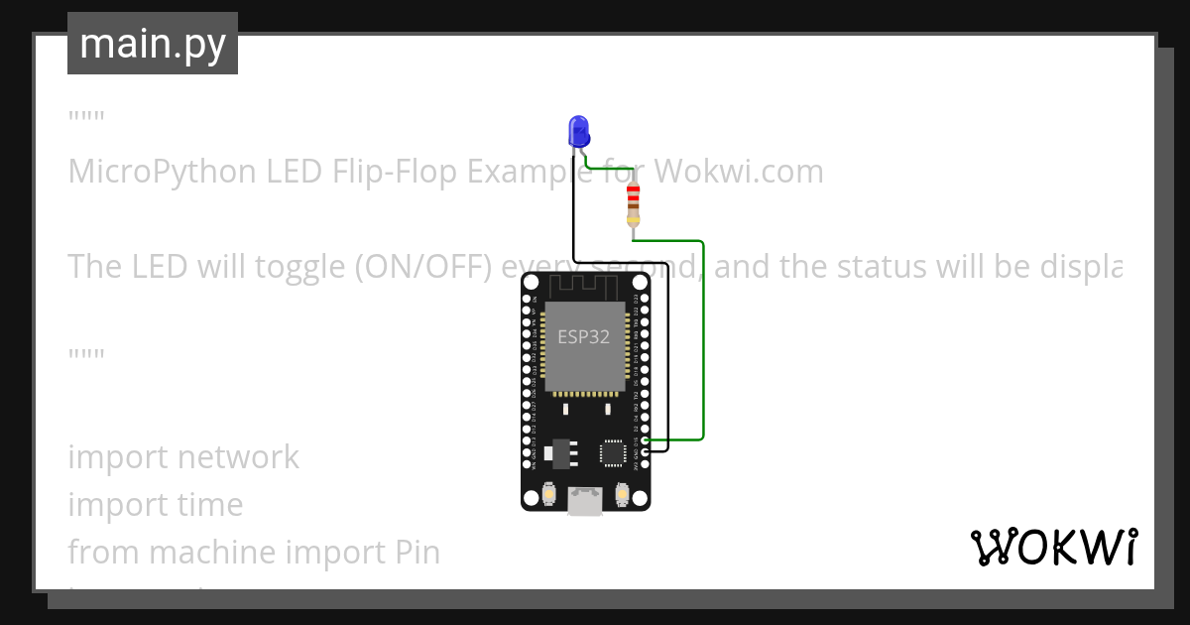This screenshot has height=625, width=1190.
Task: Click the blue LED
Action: click(578, 131)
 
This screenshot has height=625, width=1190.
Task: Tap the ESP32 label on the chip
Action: click(583, 336)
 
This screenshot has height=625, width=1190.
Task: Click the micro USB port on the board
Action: click(585, 500)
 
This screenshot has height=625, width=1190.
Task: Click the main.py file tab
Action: click(153, 44)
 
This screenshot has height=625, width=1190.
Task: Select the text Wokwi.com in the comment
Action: click(740, 172)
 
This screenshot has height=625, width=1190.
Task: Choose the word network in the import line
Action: click(239, 456)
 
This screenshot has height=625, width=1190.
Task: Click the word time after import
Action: click(210, 504)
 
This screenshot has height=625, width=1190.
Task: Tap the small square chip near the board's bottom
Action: click(613, 453)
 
